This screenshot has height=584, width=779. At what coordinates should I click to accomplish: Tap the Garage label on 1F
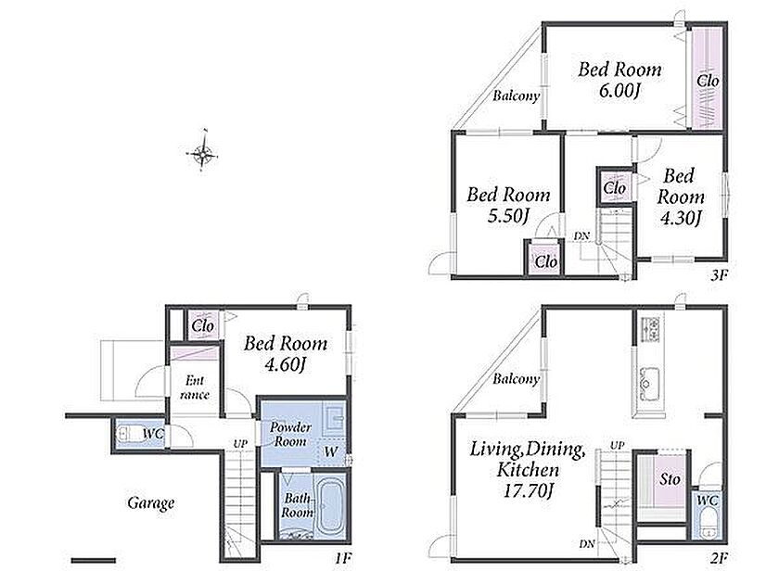[151, 503]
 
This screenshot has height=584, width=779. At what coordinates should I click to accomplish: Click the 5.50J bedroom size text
[507, 216]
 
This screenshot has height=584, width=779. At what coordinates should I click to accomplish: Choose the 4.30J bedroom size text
[680, 218]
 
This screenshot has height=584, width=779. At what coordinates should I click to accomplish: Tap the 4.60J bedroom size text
[285, 365]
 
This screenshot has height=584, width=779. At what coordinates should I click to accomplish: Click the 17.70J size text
[528, 490]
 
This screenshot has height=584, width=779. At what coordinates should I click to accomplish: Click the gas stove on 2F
[649, 329]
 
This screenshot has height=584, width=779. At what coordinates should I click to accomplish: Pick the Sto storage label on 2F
[670, 478]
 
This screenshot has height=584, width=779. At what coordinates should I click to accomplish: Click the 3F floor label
[719, 274]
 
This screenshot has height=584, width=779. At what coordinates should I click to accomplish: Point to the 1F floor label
[342, 558]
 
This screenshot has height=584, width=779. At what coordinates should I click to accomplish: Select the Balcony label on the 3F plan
[516, 95]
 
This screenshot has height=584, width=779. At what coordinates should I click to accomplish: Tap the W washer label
[330, 451]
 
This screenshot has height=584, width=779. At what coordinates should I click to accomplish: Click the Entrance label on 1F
[194, 387]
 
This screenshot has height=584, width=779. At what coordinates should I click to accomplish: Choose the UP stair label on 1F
[240, 444]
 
